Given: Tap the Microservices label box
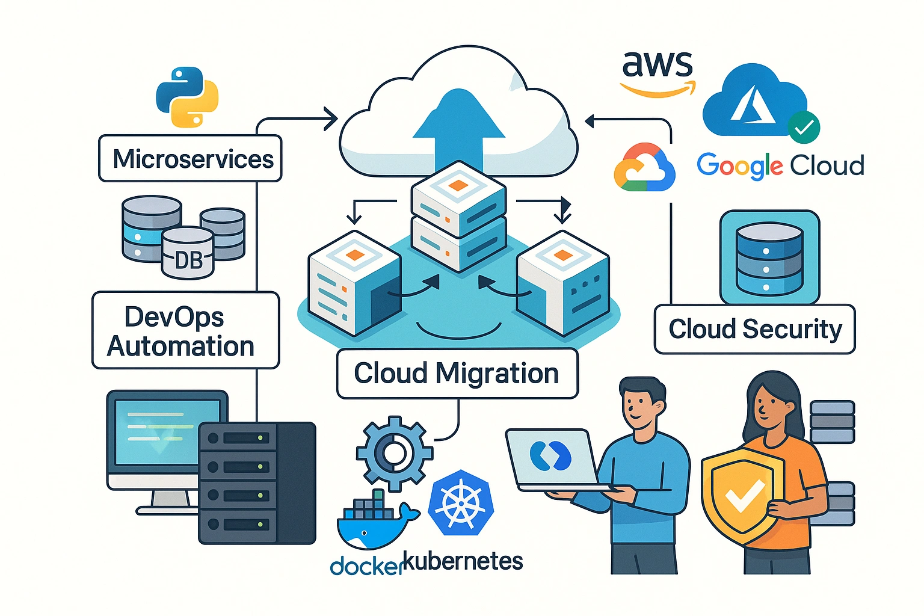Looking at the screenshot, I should (190, 159).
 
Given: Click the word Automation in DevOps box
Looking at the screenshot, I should (180, 347).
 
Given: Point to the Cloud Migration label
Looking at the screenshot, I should (457, 374).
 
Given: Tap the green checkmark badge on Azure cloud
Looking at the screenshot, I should (803, 127).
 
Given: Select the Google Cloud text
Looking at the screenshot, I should (780, 165).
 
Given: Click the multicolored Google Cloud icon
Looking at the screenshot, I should (644, 168).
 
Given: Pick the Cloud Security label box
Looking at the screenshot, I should (754, 329).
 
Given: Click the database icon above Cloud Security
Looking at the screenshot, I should (769, 258).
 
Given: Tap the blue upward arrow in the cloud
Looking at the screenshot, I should (459, 129).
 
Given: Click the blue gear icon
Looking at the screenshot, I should (394, 454).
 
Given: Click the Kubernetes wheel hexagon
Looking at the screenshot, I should (461, 503).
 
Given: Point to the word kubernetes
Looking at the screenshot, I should (462, 562).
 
